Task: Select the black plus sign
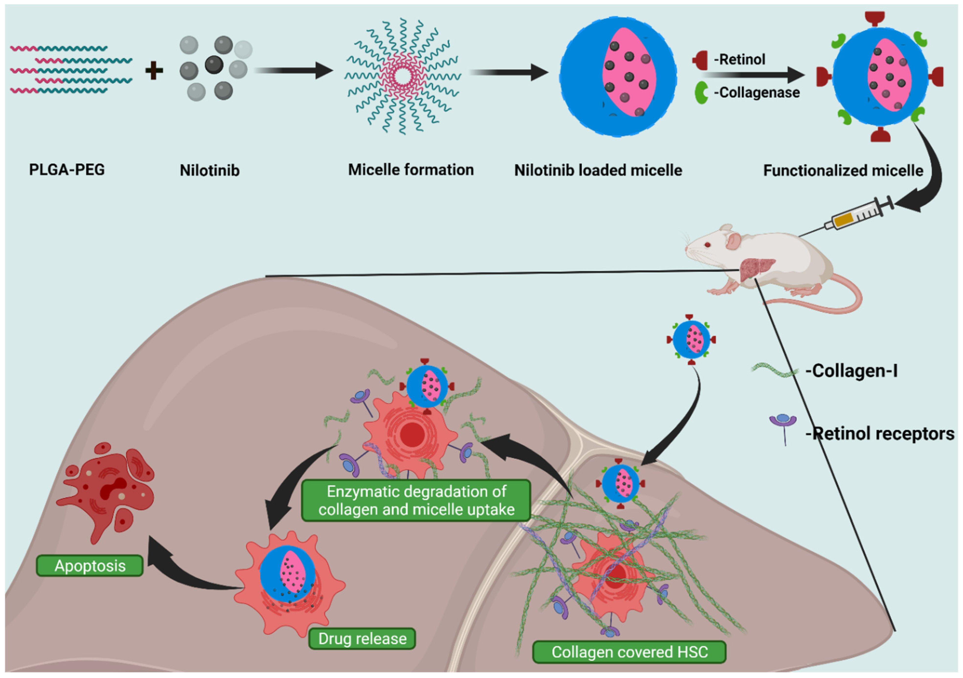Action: point(154,70)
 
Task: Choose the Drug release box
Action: point(362,639)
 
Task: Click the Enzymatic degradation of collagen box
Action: point(416,500)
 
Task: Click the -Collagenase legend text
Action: point(757,92)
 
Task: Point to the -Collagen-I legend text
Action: point(851,371)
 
